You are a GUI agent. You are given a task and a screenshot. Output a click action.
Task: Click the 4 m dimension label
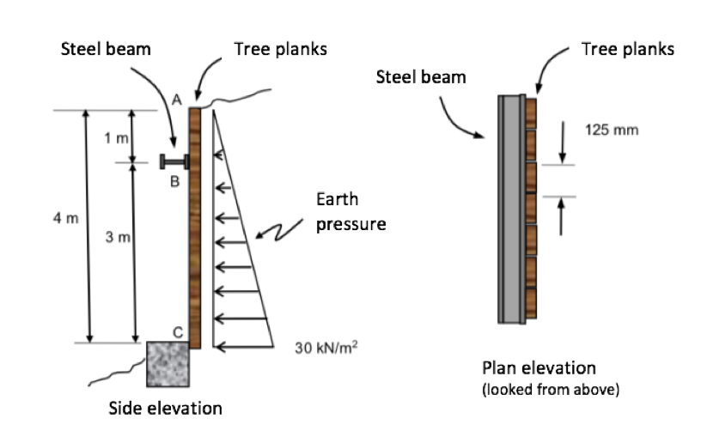64,218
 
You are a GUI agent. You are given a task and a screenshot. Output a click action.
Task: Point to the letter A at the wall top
176,99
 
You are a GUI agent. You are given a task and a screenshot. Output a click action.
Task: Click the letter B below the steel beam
174,182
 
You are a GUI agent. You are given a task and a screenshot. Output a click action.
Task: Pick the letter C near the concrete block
177,331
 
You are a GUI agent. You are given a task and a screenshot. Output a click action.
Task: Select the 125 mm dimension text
612,130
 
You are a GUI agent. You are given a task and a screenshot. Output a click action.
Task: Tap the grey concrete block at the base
168,363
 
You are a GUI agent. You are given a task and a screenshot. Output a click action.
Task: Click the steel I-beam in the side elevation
174,161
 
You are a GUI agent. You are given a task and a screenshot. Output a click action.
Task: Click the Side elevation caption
165,408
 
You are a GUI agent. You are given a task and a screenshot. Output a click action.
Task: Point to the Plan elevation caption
539,368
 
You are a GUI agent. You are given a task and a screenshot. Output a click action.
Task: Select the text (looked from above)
550,390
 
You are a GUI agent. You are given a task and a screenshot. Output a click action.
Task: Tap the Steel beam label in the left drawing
106,49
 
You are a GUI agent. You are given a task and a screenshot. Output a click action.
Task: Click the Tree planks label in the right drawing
627,49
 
